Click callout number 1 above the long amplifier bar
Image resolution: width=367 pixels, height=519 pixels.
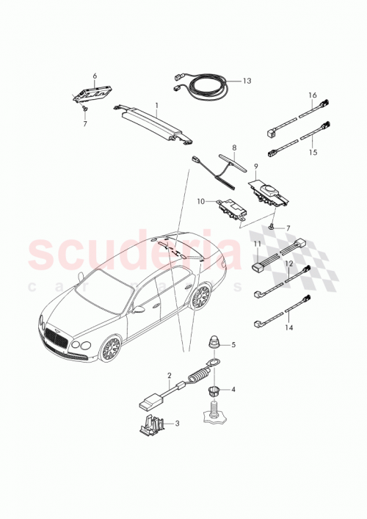[x=156, y=106]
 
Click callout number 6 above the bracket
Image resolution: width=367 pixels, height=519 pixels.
[x=94, y=76]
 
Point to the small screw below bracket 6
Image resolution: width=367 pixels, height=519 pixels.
[x=84, y=107]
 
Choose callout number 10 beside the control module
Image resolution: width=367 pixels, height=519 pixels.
[x=200, y=200]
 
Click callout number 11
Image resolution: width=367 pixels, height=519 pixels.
[x=257, y=243]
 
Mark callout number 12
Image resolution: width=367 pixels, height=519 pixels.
[x=289, y=263]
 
